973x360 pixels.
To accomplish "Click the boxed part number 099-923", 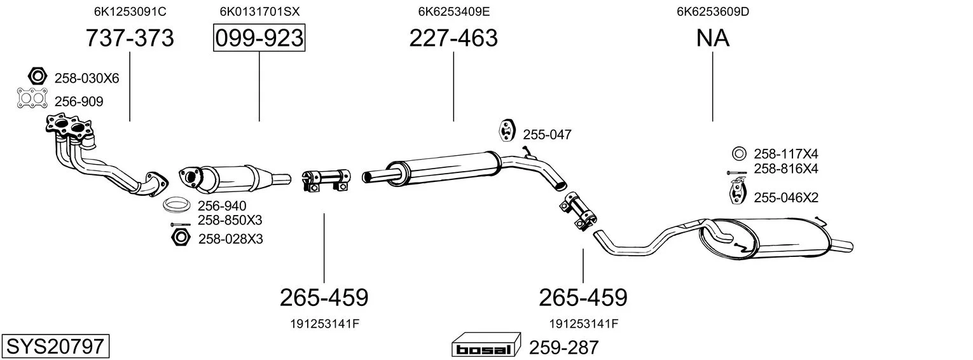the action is (259, 38).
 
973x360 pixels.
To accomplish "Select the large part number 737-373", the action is (130, 38).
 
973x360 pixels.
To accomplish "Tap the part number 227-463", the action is (453, 38).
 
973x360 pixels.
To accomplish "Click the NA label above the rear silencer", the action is (713, 38).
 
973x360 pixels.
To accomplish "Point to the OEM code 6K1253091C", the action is (130, 11).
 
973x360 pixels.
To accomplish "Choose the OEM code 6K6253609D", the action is (713, 11).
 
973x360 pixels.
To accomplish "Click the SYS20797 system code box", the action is (55, 346).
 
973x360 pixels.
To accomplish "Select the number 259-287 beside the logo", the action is (564, 347).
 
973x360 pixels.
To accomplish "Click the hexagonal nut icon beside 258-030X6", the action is (38, 76).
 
